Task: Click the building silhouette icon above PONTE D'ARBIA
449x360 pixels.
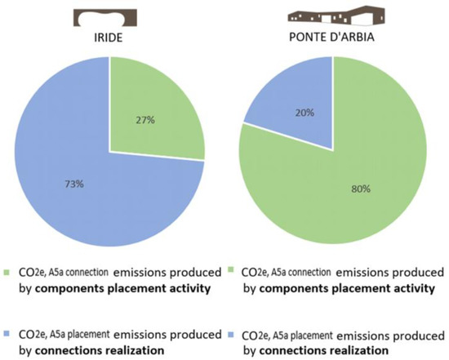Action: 333,16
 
